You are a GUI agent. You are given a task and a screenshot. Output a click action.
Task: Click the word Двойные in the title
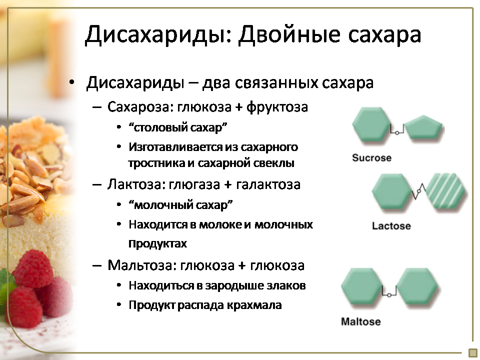[289, 34]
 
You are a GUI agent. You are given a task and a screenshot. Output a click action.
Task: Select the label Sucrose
[371, 157]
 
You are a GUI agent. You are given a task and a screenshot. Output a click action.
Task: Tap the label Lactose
[391, 226]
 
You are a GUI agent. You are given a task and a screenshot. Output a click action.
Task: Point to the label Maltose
[361, 321]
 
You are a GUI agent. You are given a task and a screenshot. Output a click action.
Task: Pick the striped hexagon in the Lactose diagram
[445, 193]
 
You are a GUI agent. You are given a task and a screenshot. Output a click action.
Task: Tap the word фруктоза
[277, 107]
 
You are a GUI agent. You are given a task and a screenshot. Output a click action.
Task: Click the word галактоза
[268, 184]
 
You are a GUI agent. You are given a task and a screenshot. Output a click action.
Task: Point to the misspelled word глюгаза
[194, 184]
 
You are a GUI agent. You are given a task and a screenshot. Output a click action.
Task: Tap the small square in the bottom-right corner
[473, 352]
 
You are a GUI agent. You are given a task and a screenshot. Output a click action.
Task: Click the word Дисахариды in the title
[157, 35]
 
